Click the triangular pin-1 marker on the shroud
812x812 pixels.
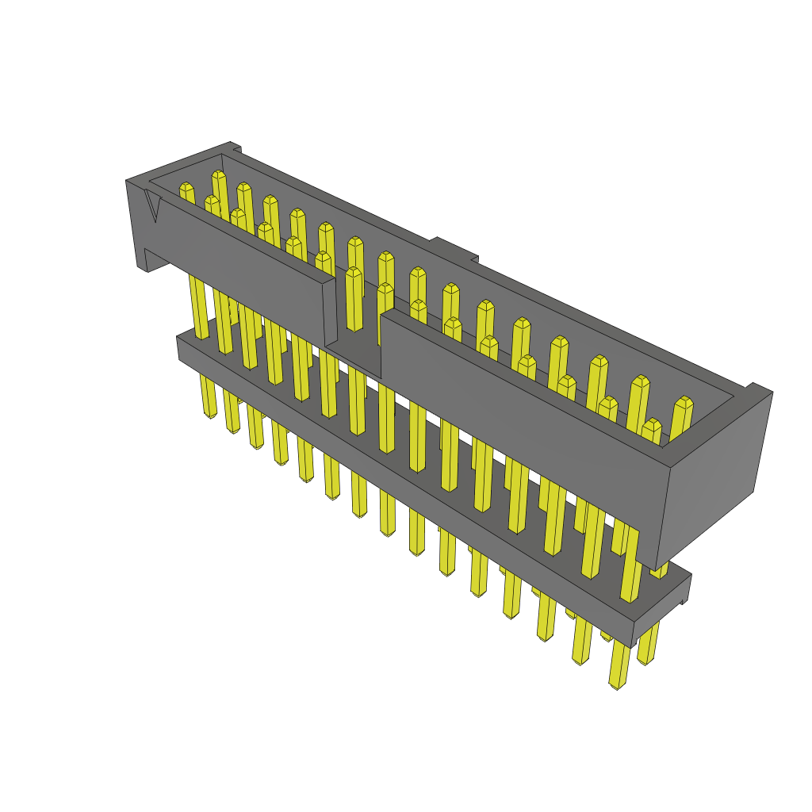click(x=154, y=208)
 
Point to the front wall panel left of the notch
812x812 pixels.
click(x=238, y=262)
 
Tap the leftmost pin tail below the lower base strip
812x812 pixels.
click(x=209, y=400)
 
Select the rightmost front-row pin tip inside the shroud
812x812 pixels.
click(x=651, y=425)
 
